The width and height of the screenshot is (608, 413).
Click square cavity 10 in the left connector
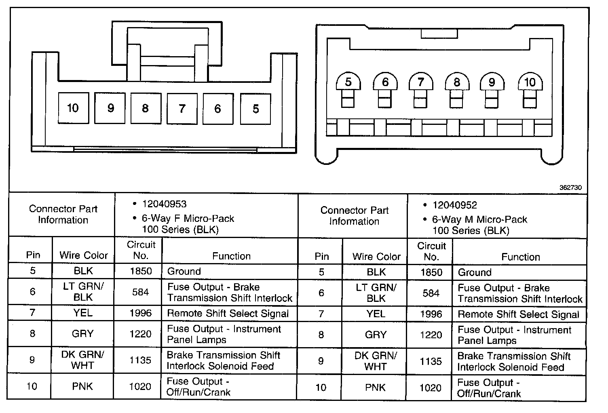pyautogui.click(x=73, y=108)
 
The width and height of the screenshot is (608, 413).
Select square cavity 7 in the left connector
pyautogui.click(x=182, y=109)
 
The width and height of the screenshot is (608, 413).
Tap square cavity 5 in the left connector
pyautogui.click(x=255, y=109)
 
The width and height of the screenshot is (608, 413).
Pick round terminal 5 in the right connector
pyautogui.click(x=348, y=82)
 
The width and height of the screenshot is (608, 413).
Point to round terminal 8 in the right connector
pyautogui.click(x=457, y=82)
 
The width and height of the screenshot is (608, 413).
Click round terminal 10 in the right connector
pyautogui.click(x=530, y=82)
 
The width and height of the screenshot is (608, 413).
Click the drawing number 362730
pyautogui.click(x=570, y=188)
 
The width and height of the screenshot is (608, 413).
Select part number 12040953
pyautogui.click(x=164, y=204)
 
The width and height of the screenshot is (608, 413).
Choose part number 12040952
pyautogui.click(x=454, y=205)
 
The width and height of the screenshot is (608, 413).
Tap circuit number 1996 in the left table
pyautogui.click(x=140, y=313)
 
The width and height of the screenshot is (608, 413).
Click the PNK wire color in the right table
pyautogui.click(x=376, y=388)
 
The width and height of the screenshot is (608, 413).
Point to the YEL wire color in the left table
pyautogui.click(x=83, y=313)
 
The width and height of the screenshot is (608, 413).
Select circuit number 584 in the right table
pyautogui.click(x=431, y=293)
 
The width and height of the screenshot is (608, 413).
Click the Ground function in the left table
pyautogui.click(x=184, y=271)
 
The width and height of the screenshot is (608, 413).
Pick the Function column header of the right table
pyautogui.click(x=520, y=257)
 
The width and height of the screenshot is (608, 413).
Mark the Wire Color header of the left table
pyautogui.click(x=84, y=255)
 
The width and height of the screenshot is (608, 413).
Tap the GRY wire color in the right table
pyautogui.click(x=376, y=335)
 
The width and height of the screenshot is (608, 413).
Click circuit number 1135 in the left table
pyautogui.click(x=140, y=360)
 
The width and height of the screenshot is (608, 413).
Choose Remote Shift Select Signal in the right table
pyautogui.click(x=518, y=314)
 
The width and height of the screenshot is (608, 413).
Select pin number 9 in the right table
pyautogui.click(x=321, y=361)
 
